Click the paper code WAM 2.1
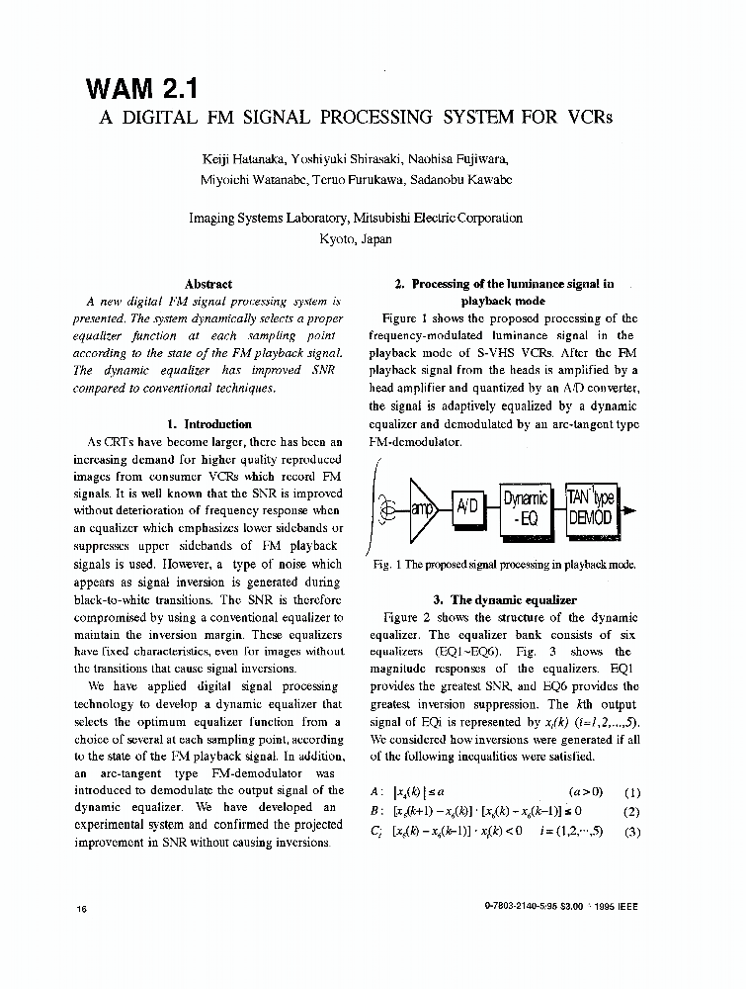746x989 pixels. click(x=143, y=88)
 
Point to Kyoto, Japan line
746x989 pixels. click(x=356, y=238)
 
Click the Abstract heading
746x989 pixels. click(x=208, y=284)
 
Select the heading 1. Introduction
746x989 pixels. click(x=208, y=424)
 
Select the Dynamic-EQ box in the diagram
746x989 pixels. click(x=525, y=508)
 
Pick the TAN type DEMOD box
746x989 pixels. click(x=591, y=508)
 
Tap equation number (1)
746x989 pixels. click(x=632, y=792)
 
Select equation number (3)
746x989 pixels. click(x=632, y=831)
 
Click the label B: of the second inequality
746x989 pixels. click(x=375, y=812)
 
